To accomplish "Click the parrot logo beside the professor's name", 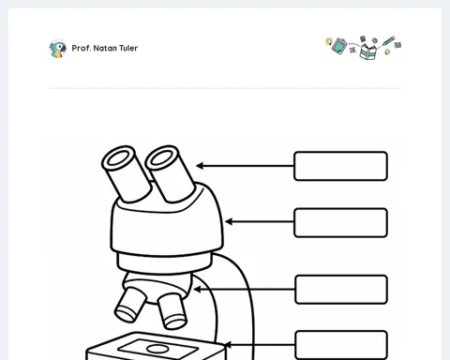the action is coord(58,49).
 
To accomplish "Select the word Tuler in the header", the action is coord(128,48).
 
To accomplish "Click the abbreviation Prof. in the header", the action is coord(82,48).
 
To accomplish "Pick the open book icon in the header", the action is coord(368,52).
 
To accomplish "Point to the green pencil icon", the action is coord(388,40).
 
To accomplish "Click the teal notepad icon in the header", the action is coord(339,46).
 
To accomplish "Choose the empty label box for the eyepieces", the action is coord(340,166).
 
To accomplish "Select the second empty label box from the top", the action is coord(340,222).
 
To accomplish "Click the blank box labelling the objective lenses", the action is coord(341,290).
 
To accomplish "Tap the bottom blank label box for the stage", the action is coord(341,345).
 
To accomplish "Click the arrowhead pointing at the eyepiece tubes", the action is coord(200,166).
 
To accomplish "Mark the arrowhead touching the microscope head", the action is coord(229,222).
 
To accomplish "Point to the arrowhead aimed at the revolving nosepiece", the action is coord(197,290).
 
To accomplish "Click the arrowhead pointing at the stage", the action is coord(228,345).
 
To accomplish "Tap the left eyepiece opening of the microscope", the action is coord(118,157).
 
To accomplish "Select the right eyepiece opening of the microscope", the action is coord(161,157).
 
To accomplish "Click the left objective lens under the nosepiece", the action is coord(130,305).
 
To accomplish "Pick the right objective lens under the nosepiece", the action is coord(172,311).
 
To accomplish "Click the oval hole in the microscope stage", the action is coord(157,349).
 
